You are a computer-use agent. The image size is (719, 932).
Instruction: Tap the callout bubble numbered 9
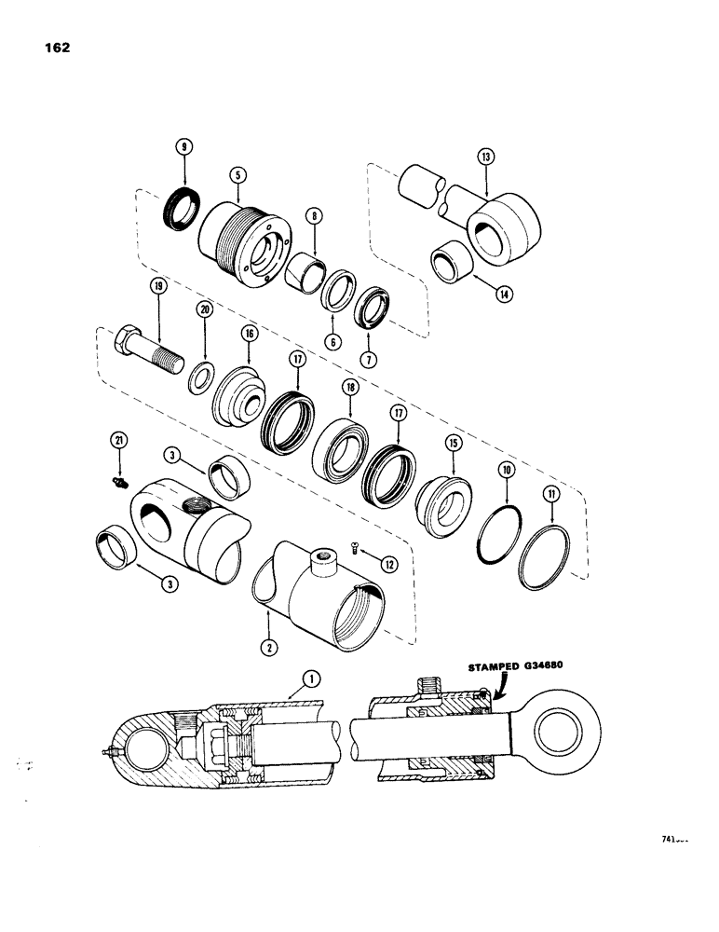pos(184,146)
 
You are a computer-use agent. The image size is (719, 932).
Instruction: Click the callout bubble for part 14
pos(504,293)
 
